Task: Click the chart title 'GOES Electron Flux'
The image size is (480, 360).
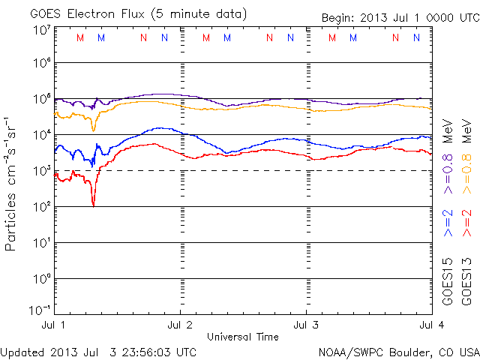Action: tap(87, 14)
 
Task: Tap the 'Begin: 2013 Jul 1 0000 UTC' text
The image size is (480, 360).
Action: tap(400, 18)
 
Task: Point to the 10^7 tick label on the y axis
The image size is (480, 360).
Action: tap(42, 31)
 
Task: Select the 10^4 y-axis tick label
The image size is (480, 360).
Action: tap(42, 135)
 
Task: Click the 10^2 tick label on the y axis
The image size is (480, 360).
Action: tap(42, 207)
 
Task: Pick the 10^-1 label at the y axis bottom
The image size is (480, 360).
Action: tap(40, 310)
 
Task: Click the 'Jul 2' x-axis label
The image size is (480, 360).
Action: tap(180, 325)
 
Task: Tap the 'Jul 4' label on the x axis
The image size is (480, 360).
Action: tap(432, 325)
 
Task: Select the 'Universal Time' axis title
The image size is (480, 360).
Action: tap(243, 337)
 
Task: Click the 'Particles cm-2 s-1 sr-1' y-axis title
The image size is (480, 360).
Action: tap(10, 184)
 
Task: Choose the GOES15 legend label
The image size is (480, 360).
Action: tap(448, 282)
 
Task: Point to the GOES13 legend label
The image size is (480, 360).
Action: tap(466, 282)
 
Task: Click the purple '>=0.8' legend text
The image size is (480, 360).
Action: tap(448, 174)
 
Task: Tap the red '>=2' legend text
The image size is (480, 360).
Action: tap(466, 223)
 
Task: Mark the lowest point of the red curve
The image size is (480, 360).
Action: tap(93, 207)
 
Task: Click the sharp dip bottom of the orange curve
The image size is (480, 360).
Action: tap(93, 131)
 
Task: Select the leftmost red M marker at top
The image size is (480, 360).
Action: tap(80, 37)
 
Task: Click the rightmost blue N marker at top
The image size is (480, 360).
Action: tap(417, 37)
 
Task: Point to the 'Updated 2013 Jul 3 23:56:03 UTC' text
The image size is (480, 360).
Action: tap(98, 352)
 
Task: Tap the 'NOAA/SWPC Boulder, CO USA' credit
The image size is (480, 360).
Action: tap(399, 352)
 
